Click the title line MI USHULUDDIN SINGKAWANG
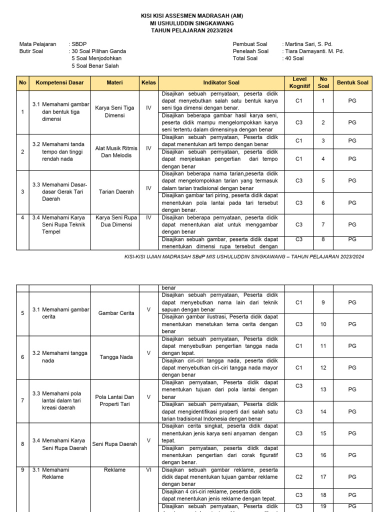192,23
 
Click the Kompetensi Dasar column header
60,82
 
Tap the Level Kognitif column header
299,82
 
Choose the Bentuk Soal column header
352,82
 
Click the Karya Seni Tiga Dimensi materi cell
114,111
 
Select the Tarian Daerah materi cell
114,191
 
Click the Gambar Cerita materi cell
116,313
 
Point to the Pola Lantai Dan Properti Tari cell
114,400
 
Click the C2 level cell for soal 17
299,477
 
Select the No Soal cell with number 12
323,367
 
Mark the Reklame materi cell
114,470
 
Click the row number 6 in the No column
22,357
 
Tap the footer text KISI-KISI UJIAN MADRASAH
244,256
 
